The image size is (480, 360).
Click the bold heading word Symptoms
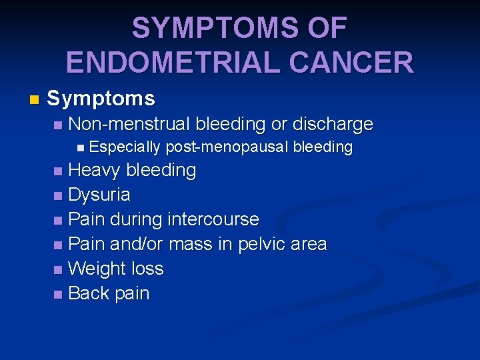(x=101, y=99)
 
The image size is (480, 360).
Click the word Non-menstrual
(x=129, y=124)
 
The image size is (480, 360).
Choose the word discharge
(x=333, y=124)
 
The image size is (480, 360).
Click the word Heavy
(x=94, y=171)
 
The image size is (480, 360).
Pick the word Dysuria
(x=99, y=195)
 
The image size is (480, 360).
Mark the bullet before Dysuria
(x=59, y=196)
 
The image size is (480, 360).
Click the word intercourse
(x=213, y=219)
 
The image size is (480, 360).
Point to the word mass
(x=190, y=244)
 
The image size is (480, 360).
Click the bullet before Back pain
(x=59, y=294)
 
